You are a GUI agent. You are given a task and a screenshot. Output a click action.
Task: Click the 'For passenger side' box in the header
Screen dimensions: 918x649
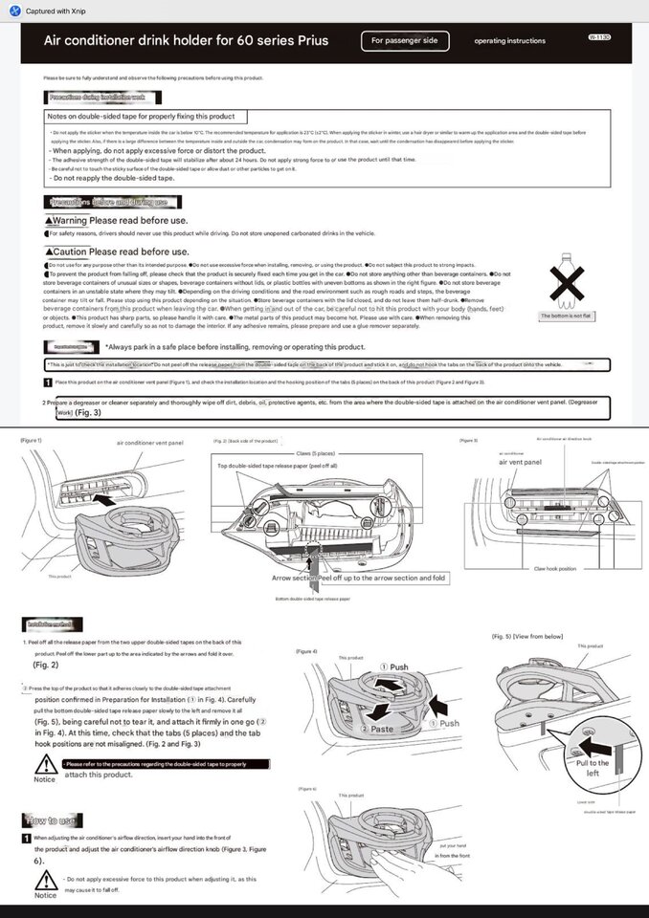pyautogui.click(x=405, y=41)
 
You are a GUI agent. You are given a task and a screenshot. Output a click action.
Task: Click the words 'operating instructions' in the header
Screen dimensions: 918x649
pyautogui.click(x=509, y=41)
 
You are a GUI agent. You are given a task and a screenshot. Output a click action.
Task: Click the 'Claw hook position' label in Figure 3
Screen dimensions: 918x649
pyautogui.click(x=554, y=568)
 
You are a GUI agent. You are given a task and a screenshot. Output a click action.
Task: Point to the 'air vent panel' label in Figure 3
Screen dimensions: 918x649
pyautogui.click(x=521, y=462)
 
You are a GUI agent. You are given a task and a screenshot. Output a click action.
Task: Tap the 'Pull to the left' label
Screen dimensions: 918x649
pyautogui.click(x=593, y=768)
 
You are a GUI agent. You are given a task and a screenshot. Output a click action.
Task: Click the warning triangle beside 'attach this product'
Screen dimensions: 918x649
pyautogui.click(x=44, y=765)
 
